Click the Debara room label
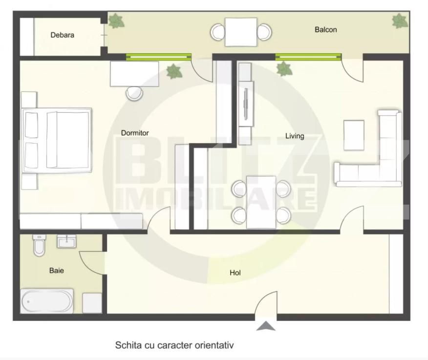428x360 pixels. coord(62,35)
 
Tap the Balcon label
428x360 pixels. coord(325,30)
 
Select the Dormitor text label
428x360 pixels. coord(135,133)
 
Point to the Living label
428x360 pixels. coord(295,136)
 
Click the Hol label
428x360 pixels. coord(235,273)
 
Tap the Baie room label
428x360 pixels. coord(56,270)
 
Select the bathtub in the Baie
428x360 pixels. coord(47,301)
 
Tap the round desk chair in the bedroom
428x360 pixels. coord(134,93)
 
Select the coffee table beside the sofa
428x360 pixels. coord(354,135)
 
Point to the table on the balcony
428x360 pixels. coord(241,32)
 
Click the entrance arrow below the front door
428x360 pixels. coord(266,326)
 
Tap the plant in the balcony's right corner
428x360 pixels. coord(399,21)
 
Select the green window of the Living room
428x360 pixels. coord(308,57)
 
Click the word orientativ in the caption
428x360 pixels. coord(213,345)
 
